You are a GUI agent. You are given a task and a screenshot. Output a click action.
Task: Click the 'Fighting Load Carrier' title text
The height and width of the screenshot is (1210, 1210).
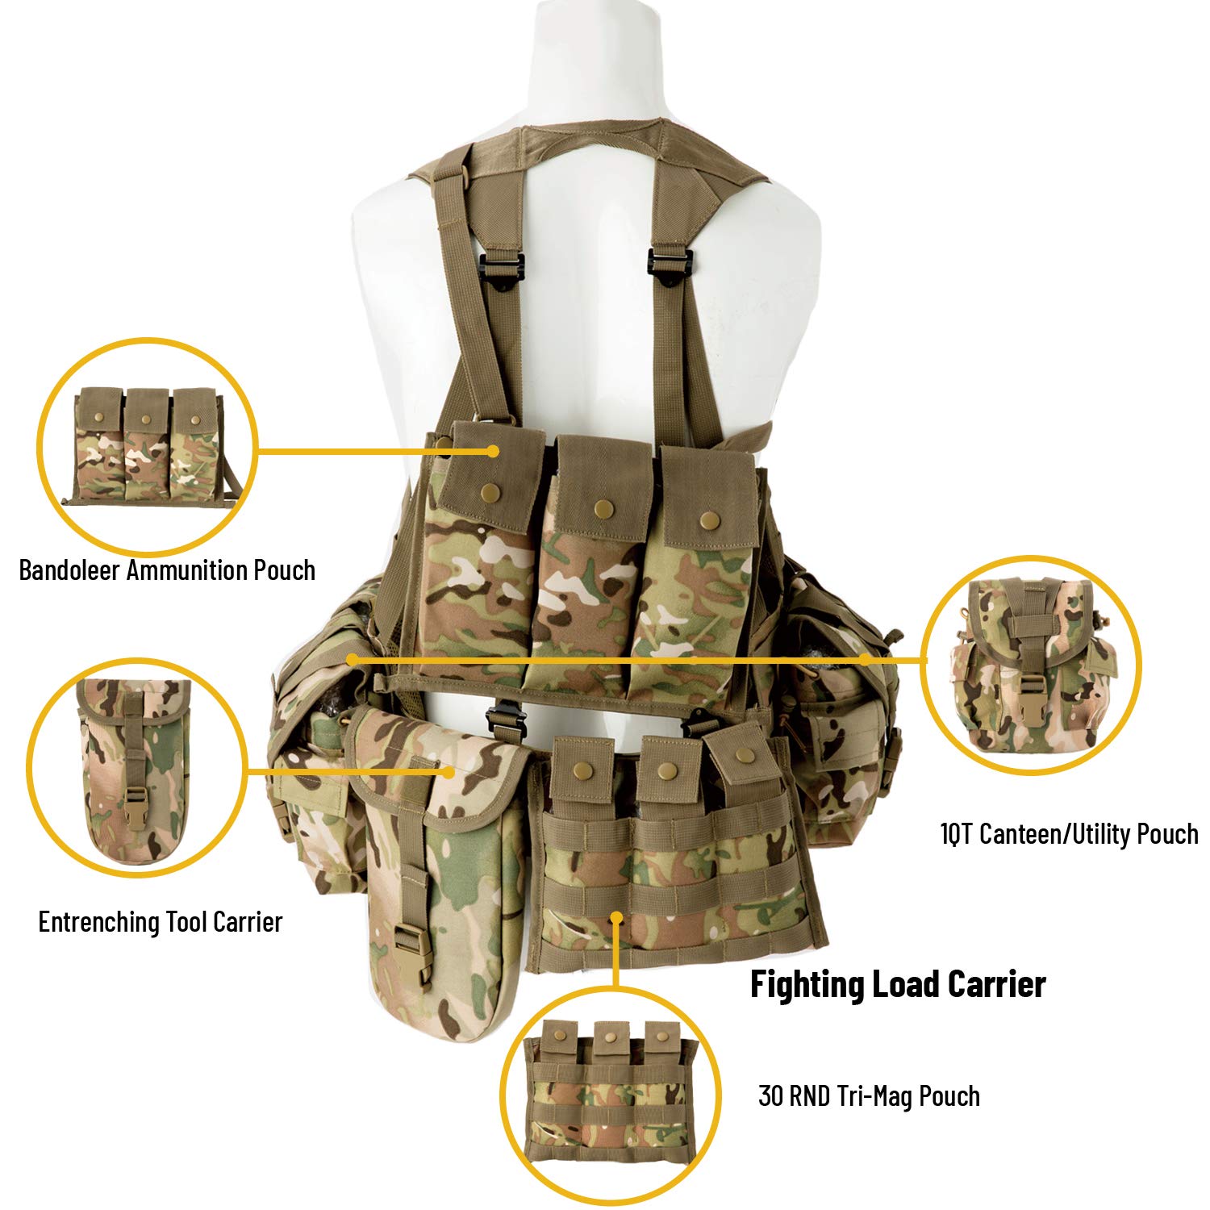tap(897, 985)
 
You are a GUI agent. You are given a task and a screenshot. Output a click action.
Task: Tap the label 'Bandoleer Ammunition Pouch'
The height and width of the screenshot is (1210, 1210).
tap(167, 570)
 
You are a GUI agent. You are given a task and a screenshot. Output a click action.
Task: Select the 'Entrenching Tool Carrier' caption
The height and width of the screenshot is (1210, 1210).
tap(161, 922)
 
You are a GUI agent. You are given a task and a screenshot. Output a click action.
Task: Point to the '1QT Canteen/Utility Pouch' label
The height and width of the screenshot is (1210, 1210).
tap(1069, 834)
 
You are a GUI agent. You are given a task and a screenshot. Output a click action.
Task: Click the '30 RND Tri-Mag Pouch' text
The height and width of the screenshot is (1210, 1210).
tap(869, 1096)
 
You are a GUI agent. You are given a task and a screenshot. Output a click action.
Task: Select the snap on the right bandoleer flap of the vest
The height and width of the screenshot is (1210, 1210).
tap(708, 519)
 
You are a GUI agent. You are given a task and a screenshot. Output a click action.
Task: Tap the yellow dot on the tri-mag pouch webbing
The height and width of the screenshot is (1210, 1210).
tap(616, 917)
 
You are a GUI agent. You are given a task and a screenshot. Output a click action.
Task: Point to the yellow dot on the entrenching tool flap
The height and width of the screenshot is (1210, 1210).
tap(449, 771)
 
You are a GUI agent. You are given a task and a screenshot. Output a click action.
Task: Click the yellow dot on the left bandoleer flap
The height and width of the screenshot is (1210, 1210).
tap(492, 451)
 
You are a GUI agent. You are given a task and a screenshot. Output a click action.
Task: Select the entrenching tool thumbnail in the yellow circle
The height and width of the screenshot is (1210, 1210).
tap(136, 770)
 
